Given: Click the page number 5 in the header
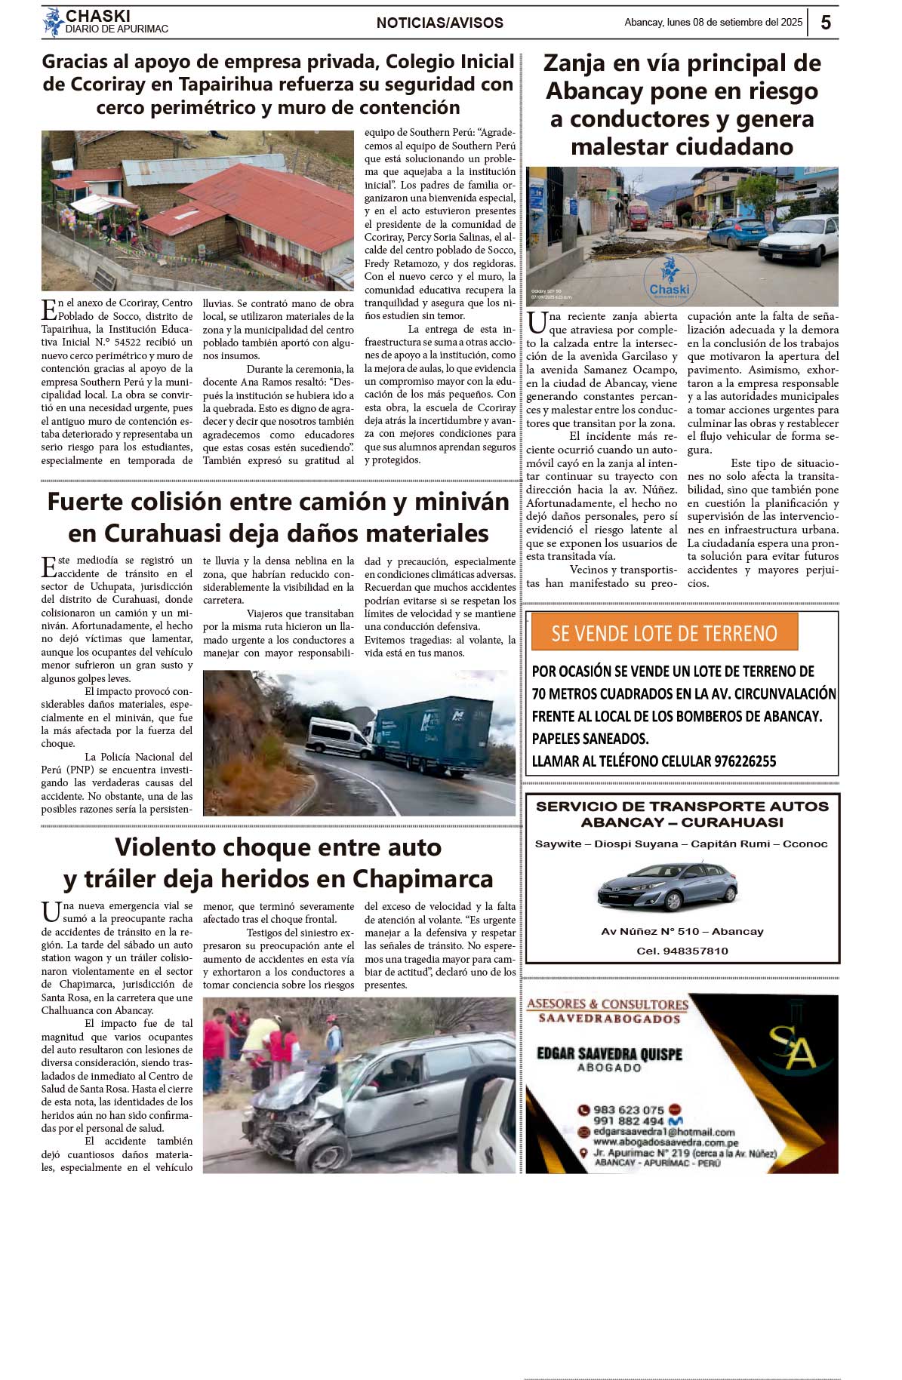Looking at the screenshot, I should pos(825,23).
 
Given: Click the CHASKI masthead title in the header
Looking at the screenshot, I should pos(97,16).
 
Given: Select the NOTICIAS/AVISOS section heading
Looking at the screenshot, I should pos(439,23).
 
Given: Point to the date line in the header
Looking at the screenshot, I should pos(713,23).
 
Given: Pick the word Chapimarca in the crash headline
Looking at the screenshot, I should pos(422,879).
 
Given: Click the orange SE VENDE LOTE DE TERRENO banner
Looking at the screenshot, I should pos(664,633).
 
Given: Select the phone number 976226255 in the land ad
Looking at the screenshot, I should pos(744,761).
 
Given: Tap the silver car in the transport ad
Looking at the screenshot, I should pos(666,886).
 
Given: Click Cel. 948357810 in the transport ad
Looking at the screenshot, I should pos(682,951).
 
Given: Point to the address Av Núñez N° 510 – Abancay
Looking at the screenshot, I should pos(682,932).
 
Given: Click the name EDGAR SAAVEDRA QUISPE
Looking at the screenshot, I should pos(608,1053).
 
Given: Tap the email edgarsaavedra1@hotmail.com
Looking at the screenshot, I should pos(663,1132).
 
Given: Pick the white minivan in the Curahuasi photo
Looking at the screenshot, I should pos(337,736).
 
